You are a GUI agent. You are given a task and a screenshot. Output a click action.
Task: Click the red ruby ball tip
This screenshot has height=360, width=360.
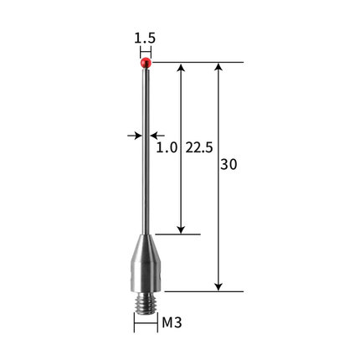[x=146, y=63]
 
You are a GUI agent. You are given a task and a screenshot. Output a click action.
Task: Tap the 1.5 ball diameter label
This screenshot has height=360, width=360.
[x=145, y=39]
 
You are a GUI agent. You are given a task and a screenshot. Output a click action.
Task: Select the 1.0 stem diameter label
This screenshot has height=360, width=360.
[x=167, y=147]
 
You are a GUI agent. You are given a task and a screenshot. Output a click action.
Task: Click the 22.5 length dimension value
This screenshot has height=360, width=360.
[x=199, y=147]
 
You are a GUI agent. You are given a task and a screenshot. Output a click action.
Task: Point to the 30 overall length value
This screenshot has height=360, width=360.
[x=229, y=165]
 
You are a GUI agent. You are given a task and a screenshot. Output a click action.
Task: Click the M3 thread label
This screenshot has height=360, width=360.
[x=172, y=323]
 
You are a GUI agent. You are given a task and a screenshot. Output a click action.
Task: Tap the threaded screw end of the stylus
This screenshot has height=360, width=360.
[x=146, y=303]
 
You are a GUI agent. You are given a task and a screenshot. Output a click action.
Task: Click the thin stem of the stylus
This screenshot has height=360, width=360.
[x=146, y=152]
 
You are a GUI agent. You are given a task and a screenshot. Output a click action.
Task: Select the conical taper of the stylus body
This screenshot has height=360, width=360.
[x=146, y=249]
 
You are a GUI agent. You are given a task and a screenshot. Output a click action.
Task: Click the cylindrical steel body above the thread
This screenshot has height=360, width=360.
[x=146, y=277]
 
